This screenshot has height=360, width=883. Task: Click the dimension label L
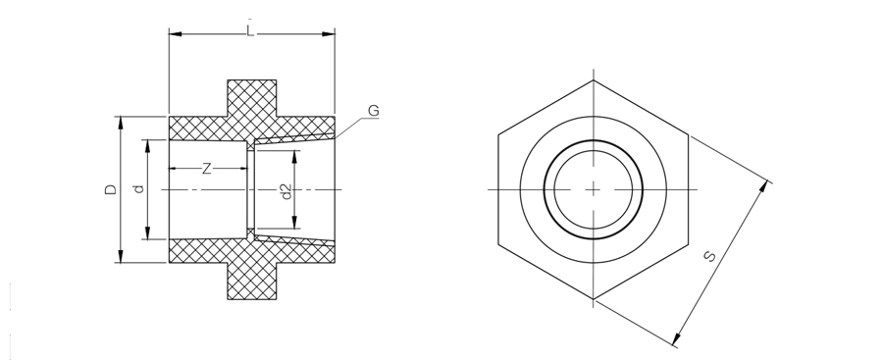tap(250, 31)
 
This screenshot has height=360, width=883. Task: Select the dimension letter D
tap(111, 189)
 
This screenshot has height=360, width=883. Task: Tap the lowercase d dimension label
tap(139, 189)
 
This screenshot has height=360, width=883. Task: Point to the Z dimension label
tap(207, 168)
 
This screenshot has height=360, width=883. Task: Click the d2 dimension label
tap(286, 191)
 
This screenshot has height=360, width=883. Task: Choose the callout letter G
tap(374, 111)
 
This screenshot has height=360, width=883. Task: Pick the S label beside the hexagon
tap(710, 256)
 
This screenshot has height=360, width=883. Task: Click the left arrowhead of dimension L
tap(176, 33)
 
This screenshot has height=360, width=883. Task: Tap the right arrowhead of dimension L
tap(329, 33)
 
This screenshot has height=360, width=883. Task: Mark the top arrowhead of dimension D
tap(120, 123)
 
